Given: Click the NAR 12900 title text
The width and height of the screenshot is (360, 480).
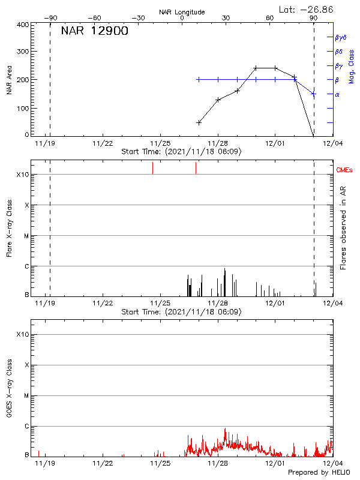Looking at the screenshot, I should click(x=94, y=32).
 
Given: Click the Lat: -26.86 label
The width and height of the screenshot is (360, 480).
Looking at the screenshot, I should click(x=307, y=9).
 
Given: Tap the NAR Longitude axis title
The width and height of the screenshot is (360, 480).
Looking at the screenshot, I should click(x=182, y=12).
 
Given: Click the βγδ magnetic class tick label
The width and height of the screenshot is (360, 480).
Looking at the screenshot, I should click(x=341, y=37).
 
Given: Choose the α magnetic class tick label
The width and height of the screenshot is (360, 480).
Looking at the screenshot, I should click(x=337, y=94).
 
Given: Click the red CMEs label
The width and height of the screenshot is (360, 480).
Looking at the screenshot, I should click(x=345, y=170).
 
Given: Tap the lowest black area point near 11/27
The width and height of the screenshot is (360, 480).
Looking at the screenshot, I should click(x=199, y=122).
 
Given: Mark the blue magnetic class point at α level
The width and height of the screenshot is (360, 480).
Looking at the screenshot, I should click(x=314, y=94).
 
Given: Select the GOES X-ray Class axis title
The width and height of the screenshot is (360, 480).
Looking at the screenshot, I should click(x=9, y=386).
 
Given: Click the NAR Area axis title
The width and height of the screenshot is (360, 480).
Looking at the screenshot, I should click(x=9, y=80).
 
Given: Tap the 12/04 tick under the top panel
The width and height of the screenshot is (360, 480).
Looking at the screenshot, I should click(x=332, y=143).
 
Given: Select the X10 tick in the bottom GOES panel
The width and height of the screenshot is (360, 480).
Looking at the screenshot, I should click(x=22, y=334).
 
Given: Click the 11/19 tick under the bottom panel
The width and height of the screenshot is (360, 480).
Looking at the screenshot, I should click(x=45, y=464).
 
